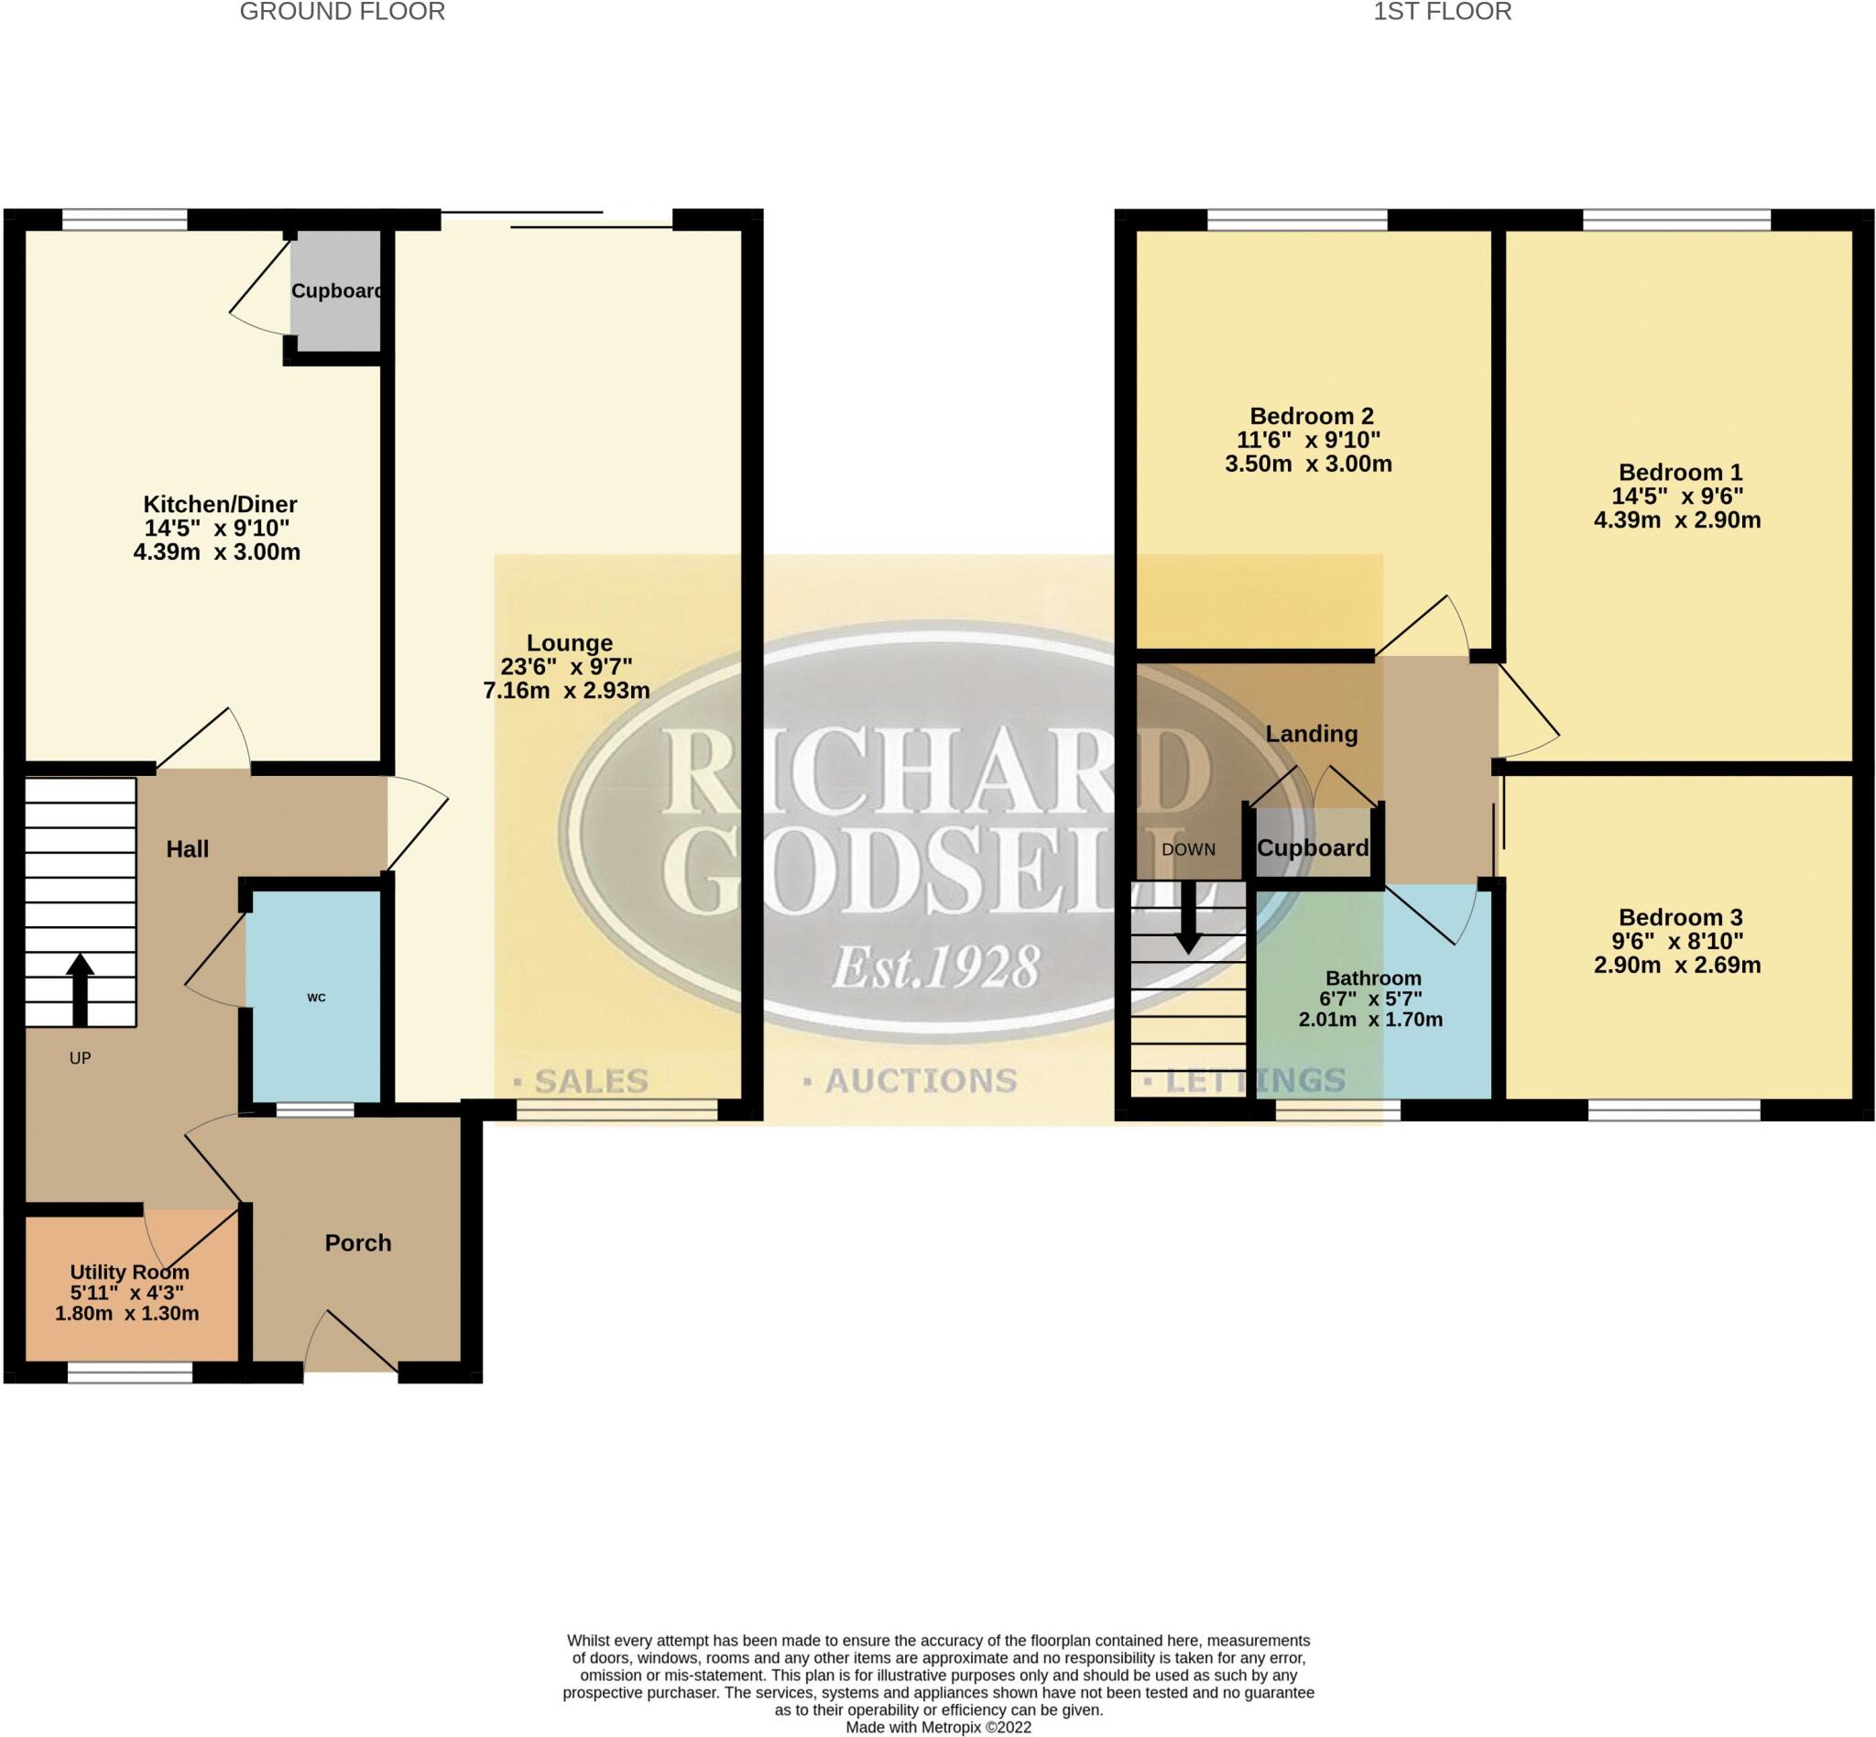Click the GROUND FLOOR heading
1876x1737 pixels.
pyautogui.click(x=342, y=12)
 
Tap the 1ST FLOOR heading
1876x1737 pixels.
pyautogui.click(x=1442, y=12)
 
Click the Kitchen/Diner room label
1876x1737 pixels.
pyautogui.click(x=219, y=504)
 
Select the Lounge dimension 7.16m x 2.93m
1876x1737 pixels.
pyautogui.click(x=566, y=691)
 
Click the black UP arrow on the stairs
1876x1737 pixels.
pyautogui.click(x=80, y=989)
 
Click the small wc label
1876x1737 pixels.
pyautogui.click(x=316, y=998)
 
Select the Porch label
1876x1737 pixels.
pyautogui.click(x=357, y=1242)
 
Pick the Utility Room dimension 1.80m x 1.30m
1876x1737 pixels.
pyautogui.click(x=127, y=1313)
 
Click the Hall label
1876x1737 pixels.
pyautogui.click(x=187, y=848)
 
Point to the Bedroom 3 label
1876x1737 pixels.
pyautogui.click(x=1681, y=916)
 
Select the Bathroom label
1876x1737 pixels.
pyautogui.click(x=1373, y=978)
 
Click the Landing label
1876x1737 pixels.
pyautogui.click(x=1311, y=734)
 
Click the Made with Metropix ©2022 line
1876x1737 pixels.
pyautogui.click(x=938, y=1727)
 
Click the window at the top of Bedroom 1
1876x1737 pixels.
pyautogui.click(x=1676, y=220)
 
